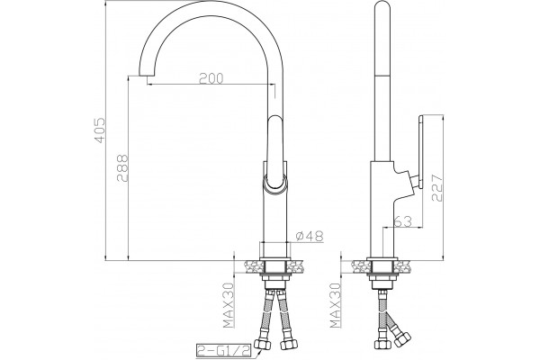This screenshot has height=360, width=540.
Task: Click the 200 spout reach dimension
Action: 211,78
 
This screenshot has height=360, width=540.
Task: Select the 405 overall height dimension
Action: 100,130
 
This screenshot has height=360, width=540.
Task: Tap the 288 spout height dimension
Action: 122,167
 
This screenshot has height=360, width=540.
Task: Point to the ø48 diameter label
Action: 310,236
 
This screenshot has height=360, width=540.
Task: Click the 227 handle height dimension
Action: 436,187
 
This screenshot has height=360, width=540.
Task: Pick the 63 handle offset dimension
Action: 403,221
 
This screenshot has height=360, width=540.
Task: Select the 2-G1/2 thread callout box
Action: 224,350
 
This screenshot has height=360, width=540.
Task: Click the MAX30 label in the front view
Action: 228,304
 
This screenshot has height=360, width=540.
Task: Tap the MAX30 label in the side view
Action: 335,304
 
